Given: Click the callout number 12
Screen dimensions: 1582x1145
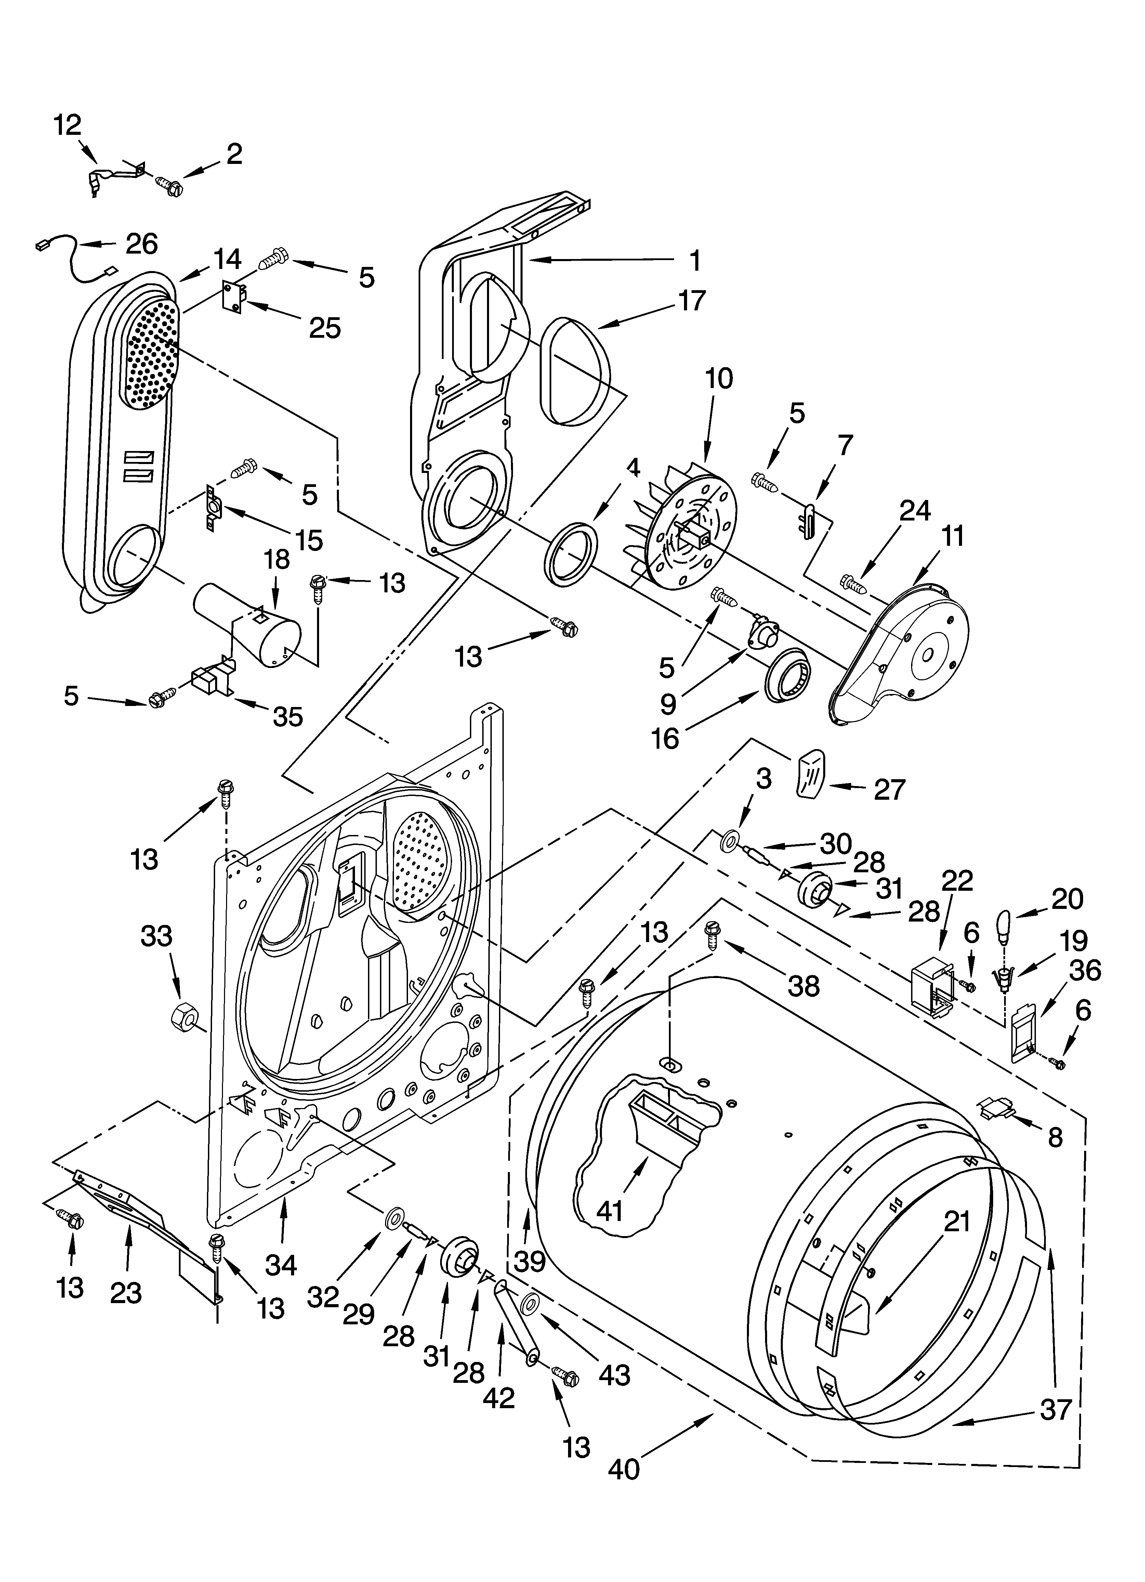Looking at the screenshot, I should (68, 126).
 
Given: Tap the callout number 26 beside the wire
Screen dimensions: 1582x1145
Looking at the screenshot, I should (142, 243).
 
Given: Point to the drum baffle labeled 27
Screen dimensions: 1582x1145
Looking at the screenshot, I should (810, 773).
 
